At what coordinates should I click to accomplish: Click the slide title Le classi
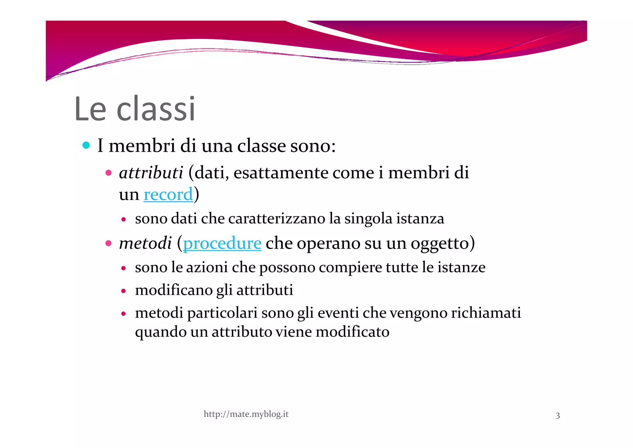[135, 109]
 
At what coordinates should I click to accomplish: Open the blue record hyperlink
[168, 194]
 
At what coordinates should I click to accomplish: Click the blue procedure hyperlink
[222, 243]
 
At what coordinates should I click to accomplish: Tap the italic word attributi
[151, 173]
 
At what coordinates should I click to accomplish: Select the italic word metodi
[145, 243]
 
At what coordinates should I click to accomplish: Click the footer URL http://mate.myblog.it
[246, 414]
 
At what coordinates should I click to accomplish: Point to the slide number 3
[558, 415]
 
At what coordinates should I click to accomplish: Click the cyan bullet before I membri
[86, 145]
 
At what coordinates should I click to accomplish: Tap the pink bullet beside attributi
[108, 173]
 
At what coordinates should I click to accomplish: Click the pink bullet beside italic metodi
[108, 243]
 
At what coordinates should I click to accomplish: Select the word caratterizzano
[277, 219]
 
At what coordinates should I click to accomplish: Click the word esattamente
[281, 173]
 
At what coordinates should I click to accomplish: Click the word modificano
[173, 290]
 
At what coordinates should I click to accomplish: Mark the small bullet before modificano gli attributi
[123, 291]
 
